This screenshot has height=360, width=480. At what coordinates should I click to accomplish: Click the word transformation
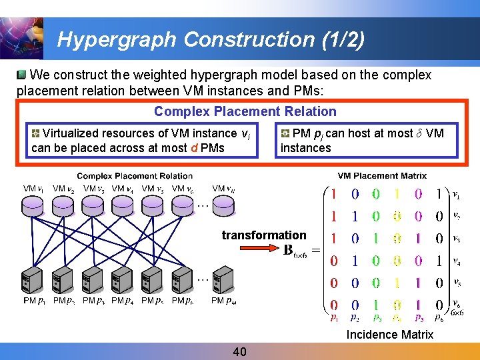(263, 235)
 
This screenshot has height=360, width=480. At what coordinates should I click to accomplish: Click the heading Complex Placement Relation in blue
(245, 111)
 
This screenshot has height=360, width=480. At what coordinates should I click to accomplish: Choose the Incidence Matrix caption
(389, 335)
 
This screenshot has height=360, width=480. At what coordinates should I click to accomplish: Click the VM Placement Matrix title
(382, 176)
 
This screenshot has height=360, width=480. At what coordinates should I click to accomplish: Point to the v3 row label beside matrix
(456, 239)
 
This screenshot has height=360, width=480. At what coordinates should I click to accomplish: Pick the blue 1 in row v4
(355, 261)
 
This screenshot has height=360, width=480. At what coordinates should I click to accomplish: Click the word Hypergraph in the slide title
(117, 40)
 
